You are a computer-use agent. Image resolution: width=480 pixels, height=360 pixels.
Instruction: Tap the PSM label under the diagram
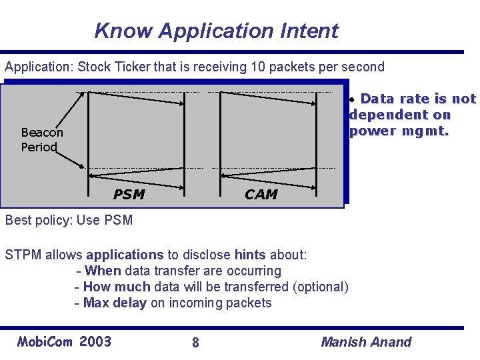click(129, 194)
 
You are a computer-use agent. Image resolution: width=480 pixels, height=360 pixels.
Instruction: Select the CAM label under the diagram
click(261, 194)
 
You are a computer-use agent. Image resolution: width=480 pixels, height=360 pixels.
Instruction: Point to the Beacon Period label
click(41, 140)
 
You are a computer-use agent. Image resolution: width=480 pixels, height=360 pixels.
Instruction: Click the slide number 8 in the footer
click(195, 343)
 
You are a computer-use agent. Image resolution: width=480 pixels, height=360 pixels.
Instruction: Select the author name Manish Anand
click(366, 342)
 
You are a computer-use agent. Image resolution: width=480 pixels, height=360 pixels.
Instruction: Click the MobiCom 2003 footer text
click(64, 342)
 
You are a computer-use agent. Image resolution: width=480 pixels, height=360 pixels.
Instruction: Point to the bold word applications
click(125, 255)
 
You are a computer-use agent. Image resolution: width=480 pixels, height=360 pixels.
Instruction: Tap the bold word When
click(103, 271)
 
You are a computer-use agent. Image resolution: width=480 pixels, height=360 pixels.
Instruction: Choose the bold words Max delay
click(115, 303)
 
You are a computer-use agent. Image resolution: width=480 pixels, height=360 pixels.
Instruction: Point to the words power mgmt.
click(400, 131)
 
